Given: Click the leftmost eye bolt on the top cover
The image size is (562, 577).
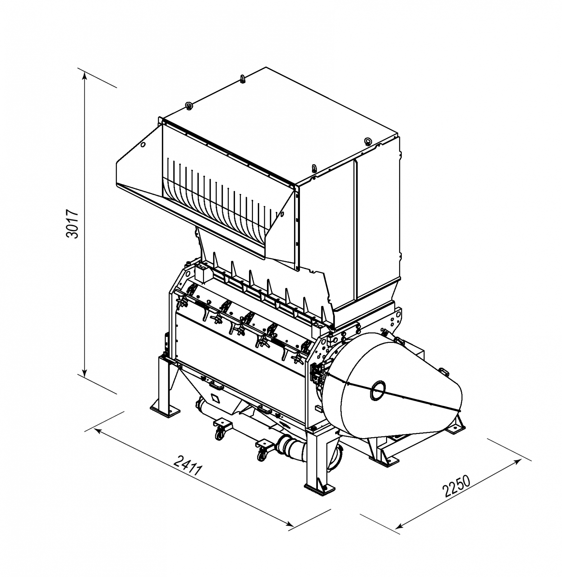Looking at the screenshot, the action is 189,105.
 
